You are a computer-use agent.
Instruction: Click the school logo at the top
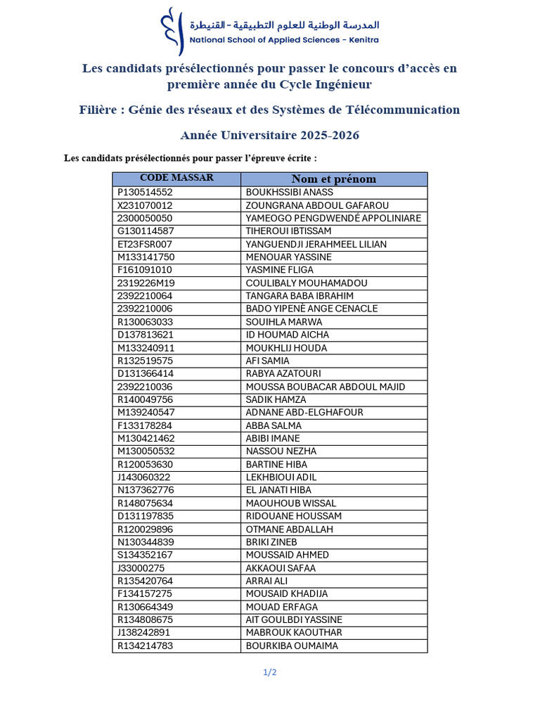pos(169,31)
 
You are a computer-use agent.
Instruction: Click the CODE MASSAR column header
pos(176,178)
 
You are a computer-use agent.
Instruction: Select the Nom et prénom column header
pos(333,179)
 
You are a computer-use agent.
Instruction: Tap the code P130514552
pos(145,193)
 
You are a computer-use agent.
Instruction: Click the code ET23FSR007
pos(144,244)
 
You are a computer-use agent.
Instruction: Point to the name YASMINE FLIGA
pos(280,270)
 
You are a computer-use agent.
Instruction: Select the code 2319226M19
pos(146,283)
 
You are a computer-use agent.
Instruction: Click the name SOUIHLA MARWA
pos(284,322)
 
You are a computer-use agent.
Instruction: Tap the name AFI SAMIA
pos(267,361)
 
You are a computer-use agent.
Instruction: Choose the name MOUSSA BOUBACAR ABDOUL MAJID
pos(326,387)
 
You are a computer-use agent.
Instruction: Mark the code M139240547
pos(146,413)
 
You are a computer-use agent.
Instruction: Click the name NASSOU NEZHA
pos(281,451)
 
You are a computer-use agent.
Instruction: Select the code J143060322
pos(143,477)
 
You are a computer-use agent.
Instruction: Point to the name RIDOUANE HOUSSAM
pos(294,516)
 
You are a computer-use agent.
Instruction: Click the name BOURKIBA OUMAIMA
pos(292,646)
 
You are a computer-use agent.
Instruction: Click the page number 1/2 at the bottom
pos(270,672)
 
